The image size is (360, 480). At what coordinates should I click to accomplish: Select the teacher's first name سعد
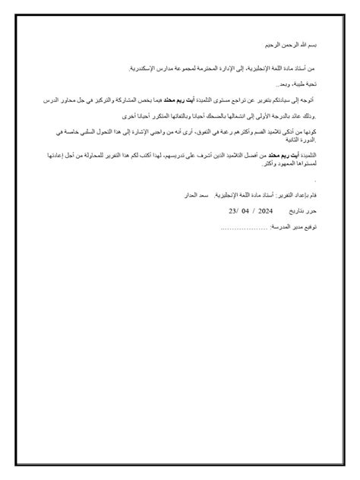pos(198,196)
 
